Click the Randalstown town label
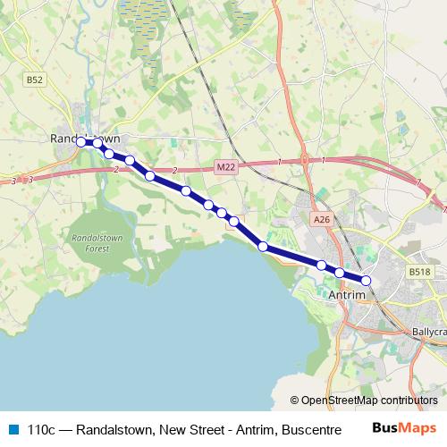(x=85, y=139)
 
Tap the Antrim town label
(x=348, y=294)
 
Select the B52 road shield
(x=34, y=80)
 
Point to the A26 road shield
(x=321, y=219)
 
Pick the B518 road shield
(x=419, y=271)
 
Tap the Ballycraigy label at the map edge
(x=429, y=331)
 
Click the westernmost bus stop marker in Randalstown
(x=80, y=142)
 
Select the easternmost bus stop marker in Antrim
(x=366, y=280)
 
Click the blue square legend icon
(x=13, y=428)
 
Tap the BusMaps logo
(x=404, y=427)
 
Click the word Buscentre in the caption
(x=312, y=429)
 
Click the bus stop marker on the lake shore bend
(x=263, y=246)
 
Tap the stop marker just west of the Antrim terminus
(x=340, y=272)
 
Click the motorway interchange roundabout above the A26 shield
(x=305, y=161)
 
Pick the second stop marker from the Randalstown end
(x=97, y=143)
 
